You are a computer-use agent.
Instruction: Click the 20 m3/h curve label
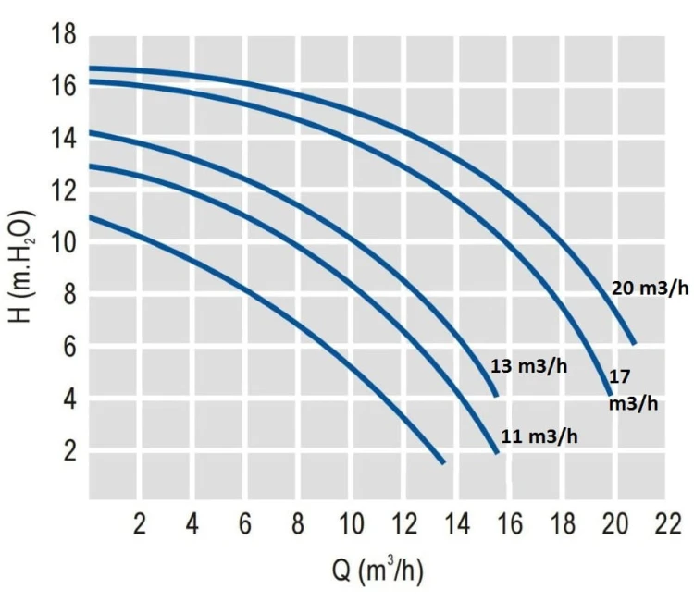(x=651, y=289)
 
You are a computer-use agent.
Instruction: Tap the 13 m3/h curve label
(x=528, y=366)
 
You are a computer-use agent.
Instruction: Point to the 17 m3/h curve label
(x=633, y=389)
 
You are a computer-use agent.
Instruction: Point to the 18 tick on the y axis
(x=63, y=36)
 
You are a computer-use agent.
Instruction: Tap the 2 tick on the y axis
(x=68, y=451)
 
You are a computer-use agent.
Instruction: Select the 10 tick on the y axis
(x=63, y=243)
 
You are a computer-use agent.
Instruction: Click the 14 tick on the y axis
(x=63, y=140)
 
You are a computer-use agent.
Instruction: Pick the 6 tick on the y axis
(x=68, y=347)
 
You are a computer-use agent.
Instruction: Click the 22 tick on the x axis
(x=665, y=524)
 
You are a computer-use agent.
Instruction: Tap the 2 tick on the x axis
(x=140, y=524)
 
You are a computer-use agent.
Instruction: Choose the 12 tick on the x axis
(x=403, y=524)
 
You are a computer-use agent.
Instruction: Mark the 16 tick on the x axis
(x=508, y=524)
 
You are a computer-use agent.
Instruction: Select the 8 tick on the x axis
(x=298, y=524)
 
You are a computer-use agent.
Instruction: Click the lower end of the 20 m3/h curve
(x=634, y=342)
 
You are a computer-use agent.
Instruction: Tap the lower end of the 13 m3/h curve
(x=496, y=395)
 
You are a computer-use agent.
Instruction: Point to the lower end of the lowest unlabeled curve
(x=443, y=461)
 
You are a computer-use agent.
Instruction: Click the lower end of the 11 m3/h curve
(x=497, y=452)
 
